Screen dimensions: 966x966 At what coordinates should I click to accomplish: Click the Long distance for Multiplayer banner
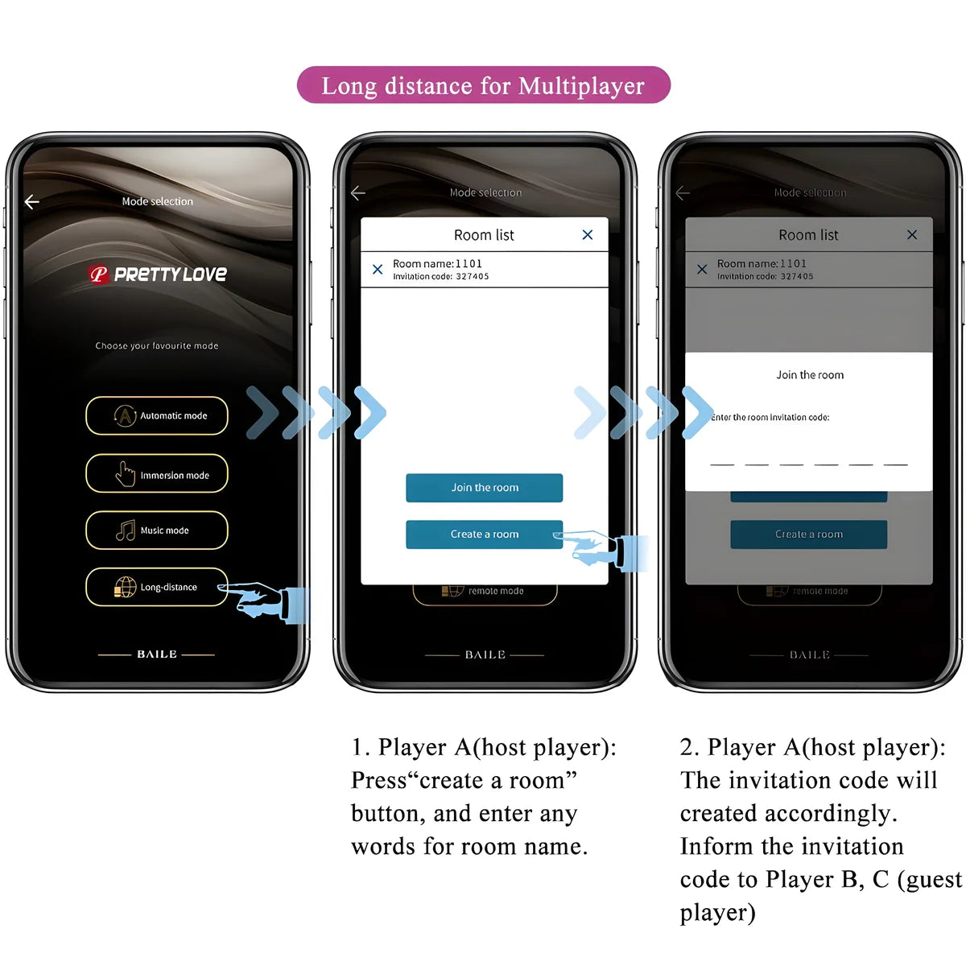click(x=483, y=85)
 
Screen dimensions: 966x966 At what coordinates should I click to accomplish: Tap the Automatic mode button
click(x=157, y=415)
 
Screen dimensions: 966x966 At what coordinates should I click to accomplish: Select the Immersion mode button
click(x=157, y=474)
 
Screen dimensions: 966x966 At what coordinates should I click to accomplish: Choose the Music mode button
click(x=157, y=530)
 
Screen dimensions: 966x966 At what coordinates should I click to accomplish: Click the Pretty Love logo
click(x=158, y=275)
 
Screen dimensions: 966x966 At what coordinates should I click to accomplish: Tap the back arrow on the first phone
click(x=32, y=202)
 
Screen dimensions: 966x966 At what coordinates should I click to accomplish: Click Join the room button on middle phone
click(x=484, y=488)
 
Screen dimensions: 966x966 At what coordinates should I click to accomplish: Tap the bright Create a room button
click(x=484, y=535)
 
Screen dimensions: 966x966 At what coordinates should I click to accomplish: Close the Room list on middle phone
click(x=588, y=235)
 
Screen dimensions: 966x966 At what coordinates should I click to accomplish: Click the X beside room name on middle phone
click(x=378, y=270)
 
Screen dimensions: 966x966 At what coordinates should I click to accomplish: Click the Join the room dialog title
click(x=810, y=375)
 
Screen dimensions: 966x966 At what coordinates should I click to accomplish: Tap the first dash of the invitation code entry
click(x=722, y=464)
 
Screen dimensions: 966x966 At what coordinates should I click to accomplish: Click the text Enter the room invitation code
click(x=770, y=417)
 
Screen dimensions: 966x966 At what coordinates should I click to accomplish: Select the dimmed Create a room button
click(x=809, y=535)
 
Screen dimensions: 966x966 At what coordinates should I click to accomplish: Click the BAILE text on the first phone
click(x=157, y=654)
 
